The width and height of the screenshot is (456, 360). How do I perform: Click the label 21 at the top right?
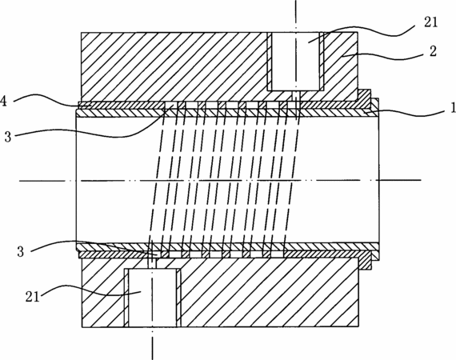(x=430, y=22)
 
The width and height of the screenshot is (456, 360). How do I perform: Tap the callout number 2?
(x=433, y=51)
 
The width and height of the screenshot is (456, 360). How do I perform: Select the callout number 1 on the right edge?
(x=453, y=107)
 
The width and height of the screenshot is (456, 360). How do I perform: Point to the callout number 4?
(x=3, y=101)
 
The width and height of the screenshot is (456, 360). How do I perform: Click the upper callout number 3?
(x=8, y=136)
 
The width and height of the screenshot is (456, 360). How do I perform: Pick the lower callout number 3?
(x=20, y=251)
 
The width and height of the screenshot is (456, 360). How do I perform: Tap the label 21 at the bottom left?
(x=32, y=297)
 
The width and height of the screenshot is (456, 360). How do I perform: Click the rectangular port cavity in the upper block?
(x=295, y=61)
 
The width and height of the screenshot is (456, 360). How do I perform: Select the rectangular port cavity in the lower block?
(x=152, y=298)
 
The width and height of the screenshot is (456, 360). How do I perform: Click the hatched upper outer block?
(x=174, y=67)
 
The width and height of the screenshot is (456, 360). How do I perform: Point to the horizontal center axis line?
(x=220, y=181)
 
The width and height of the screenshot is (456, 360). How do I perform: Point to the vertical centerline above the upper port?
(x=296, y=16)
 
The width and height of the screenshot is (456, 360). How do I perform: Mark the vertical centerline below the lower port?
(x=152, y=344)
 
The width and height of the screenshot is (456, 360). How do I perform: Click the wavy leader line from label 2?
(x=382, y=56)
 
